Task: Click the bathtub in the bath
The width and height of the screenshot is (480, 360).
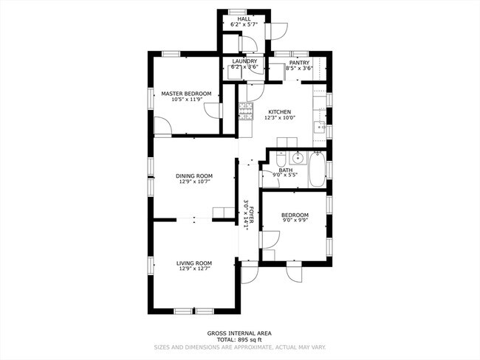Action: (x=317, y=170)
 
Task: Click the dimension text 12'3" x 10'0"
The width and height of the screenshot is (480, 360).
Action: (x=280, y=118)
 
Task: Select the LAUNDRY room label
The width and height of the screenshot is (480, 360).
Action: (x=244, y=61)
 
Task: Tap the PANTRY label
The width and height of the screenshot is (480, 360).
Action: (x=299, y=63)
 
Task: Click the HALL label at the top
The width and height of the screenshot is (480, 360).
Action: (x=244, y=18)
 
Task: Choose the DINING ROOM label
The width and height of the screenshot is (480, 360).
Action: (x=194, y=176)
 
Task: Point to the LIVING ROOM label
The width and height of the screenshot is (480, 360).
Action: (x=194, y=263)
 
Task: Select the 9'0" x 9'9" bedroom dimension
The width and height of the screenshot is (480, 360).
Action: (x=295, y=221)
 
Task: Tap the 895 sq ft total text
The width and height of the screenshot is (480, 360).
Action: (x=239, y=340)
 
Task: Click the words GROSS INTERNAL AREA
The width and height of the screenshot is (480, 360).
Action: (x=239, y=333)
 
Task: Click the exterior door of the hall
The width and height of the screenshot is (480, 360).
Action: (x=277, y=30)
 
